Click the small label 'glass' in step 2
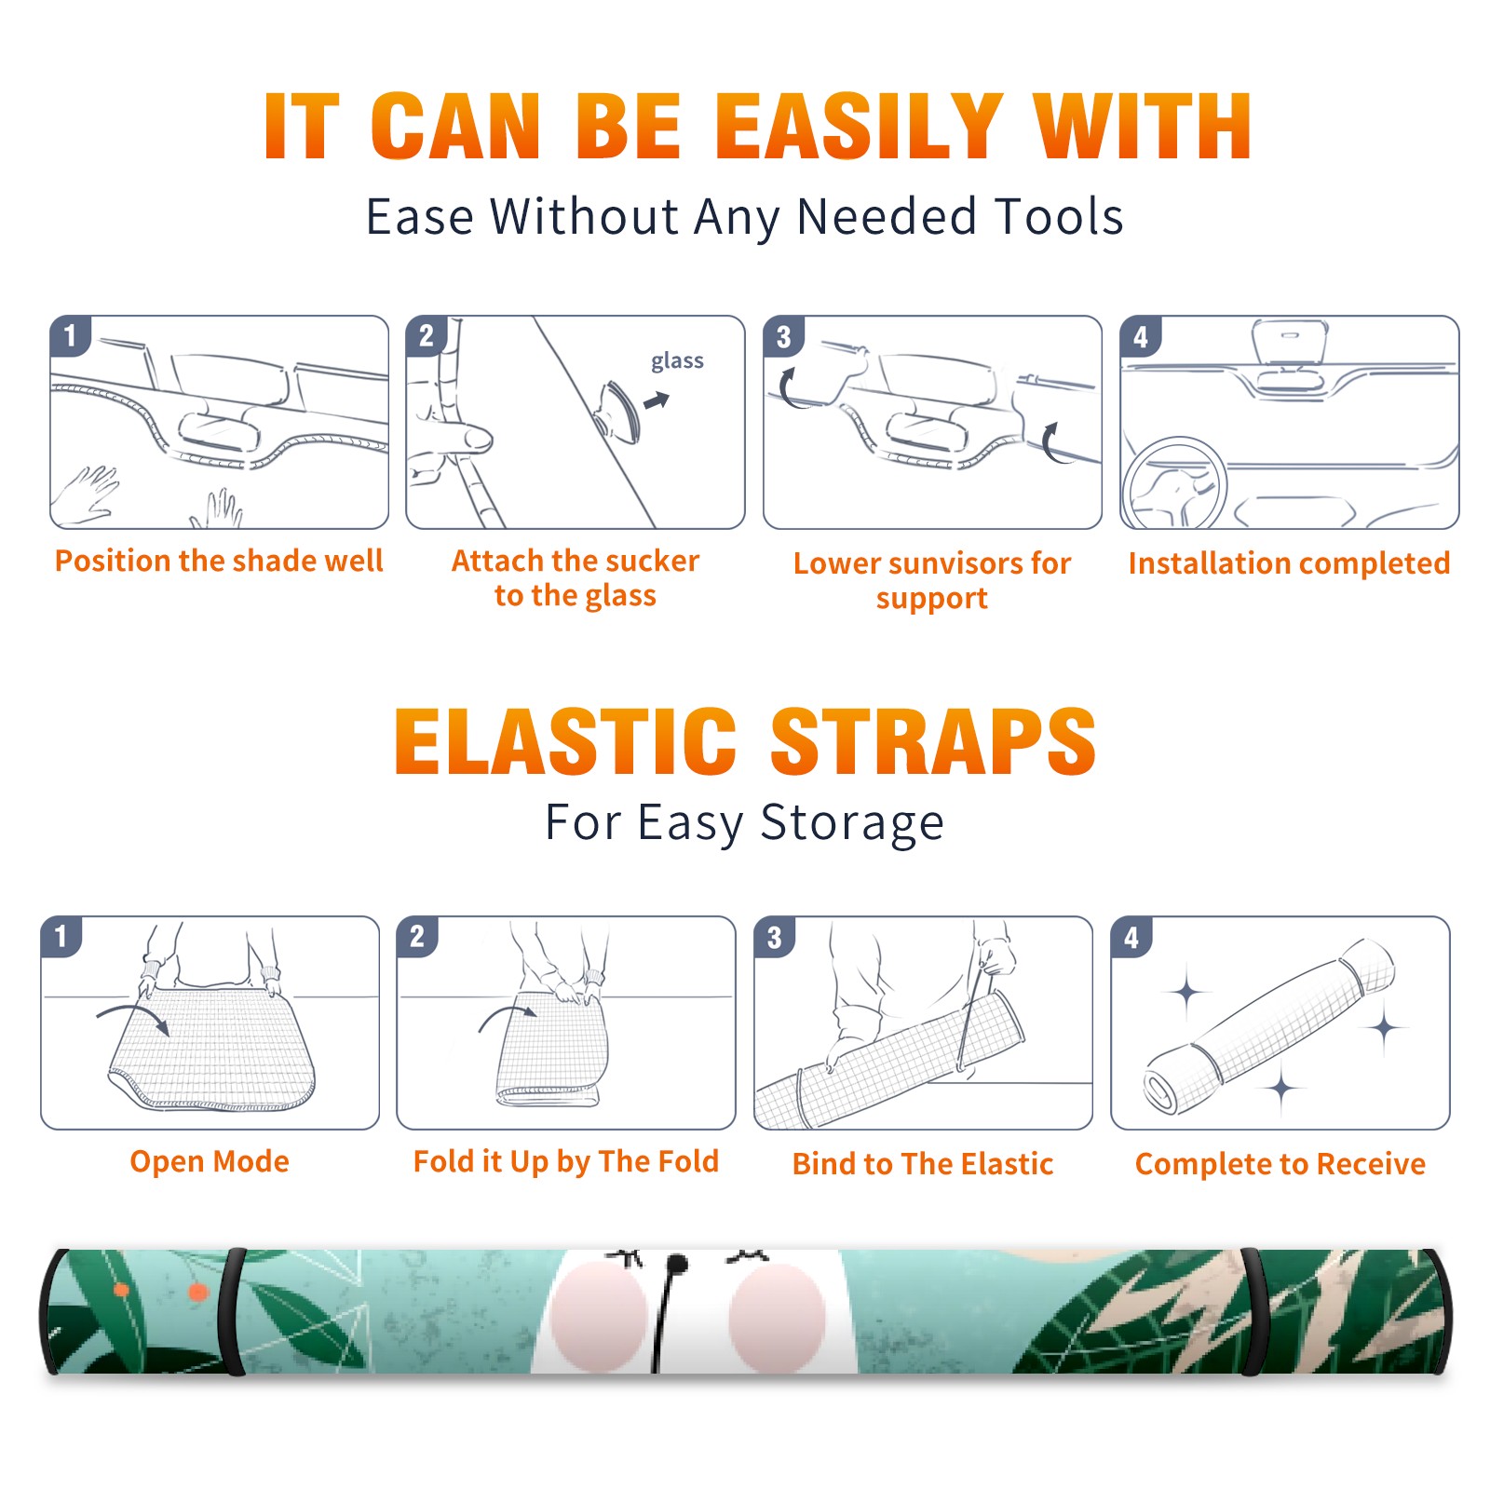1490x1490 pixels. click(677, 361)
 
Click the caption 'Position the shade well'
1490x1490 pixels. click(219, 561)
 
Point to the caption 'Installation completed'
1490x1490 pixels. click(1289, 562)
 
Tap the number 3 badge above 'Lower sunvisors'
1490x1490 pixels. click(783, 336)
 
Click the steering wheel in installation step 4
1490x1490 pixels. click(1174, 483)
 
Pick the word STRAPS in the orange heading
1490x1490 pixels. click(933, 741)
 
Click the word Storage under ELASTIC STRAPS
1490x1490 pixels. click(852, 823)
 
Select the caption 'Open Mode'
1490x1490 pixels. click(210, 1161)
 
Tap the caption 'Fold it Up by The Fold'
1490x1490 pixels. click(566, 1161)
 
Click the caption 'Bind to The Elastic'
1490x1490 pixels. click(923, 1164)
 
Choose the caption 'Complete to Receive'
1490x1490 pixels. click(1280, 1164)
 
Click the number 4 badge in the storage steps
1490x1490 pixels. click(1131, 937)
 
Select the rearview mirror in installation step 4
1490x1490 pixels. click(1290, 343)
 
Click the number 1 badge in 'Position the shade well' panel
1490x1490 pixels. click(70, 336)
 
